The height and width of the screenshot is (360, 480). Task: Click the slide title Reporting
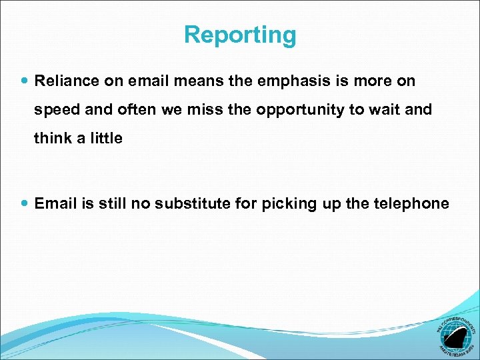coord(240,35)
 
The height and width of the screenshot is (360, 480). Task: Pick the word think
coord(51,139)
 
